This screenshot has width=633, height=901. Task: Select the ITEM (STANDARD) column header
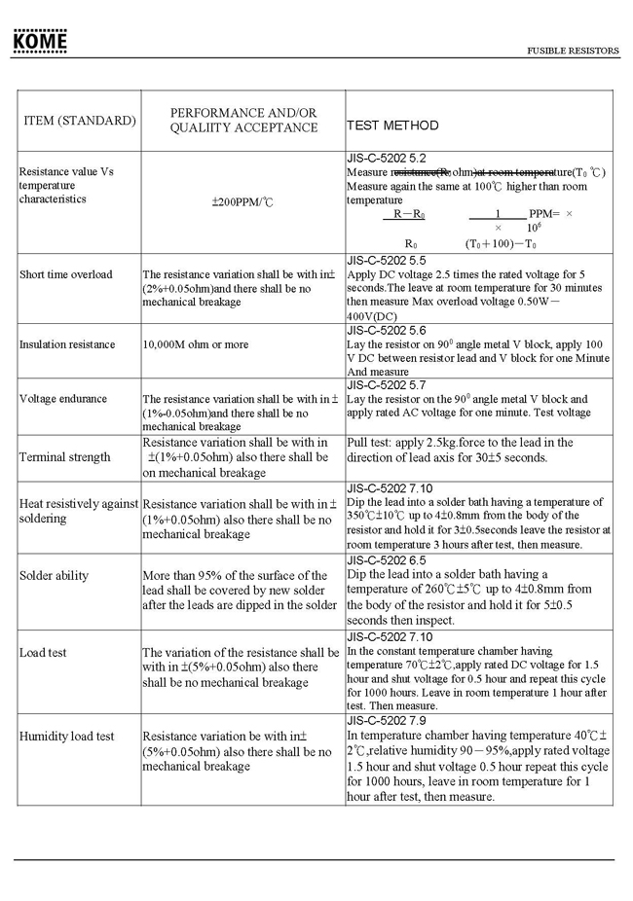point(80,121)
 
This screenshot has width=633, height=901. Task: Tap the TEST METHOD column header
point(392,126)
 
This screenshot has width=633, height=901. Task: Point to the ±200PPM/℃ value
point(242,204)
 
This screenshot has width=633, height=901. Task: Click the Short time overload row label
point(66,274)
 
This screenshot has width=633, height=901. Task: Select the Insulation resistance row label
point(67,344)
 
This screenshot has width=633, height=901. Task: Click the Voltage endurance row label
point(63,399)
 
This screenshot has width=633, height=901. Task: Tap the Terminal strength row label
point(64,457)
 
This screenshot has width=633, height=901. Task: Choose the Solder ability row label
point(55,575)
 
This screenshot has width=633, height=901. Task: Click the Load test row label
point(44,652)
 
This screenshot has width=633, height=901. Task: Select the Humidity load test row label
point(67,736)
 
